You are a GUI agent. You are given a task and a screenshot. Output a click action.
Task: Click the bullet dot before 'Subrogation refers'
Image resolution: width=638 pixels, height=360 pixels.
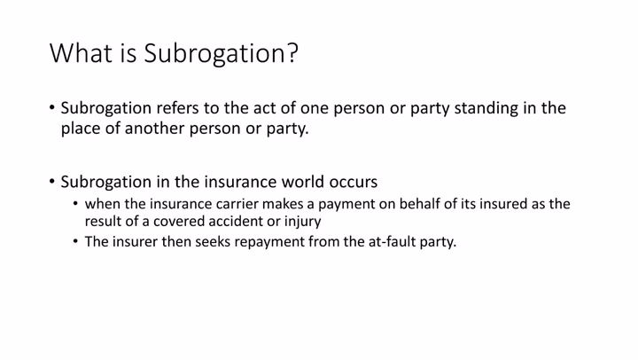52,109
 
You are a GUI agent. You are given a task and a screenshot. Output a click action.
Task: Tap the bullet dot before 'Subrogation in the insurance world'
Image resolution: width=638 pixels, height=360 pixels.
52,183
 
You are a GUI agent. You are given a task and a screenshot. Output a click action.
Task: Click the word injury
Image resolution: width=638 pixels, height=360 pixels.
301,223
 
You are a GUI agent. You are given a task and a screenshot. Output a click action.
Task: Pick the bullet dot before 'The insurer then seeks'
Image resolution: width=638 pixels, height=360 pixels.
76,242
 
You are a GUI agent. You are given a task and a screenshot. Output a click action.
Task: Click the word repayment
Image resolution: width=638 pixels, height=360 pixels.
269,242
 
